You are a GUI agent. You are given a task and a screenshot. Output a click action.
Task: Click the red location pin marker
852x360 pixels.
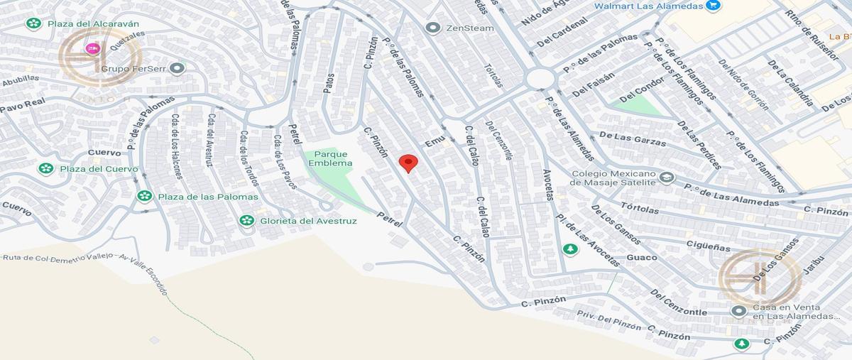408,163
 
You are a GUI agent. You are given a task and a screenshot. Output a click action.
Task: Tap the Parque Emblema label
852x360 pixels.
330,158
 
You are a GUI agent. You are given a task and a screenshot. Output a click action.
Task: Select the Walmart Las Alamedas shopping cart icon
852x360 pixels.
714,6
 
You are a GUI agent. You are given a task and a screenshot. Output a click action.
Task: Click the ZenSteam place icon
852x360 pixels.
432,28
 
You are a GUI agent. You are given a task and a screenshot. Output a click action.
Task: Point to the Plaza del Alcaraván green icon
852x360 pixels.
33,23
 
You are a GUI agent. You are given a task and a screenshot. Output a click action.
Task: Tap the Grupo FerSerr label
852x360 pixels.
133,69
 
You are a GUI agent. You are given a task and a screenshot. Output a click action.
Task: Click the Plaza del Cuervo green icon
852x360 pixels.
46,168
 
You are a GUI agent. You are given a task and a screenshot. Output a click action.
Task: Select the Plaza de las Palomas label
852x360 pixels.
199,196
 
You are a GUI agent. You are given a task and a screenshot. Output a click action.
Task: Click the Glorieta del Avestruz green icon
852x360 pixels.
246,220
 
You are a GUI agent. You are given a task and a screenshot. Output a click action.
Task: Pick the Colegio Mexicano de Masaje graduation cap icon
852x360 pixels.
666,177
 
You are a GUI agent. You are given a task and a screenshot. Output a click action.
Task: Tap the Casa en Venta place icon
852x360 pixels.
739,311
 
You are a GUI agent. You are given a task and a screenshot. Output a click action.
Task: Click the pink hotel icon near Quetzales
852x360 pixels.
92,48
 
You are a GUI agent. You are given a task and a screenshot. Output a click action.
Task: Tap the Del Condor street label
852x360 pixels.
642,89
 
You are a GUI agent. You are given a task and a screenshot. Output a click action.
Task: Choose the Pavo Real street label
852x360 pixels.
22,106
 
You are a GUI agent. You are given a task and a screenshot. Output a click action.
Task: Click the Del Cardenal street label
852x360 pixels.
562,32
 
